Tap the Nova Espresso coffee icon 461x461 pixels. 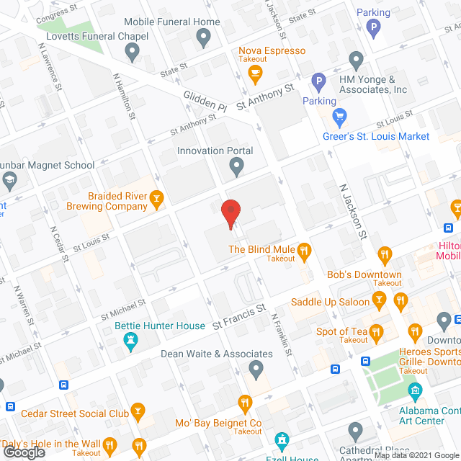click(254, 72)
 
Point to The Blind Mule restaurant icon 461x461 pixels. click(305, 250)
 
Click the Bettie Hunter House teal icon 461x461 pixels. click(130, 344)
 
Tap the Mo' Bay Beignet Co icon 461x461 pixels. click(246, 403)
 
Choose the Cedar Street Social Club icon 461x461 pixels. click(138, 413)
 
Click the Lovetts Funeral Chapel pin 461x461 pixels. click(132, 52)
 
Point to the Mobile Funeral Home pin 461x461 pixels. click(204, 37)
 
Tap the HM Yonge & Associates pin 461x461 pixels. click(355, 59)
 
